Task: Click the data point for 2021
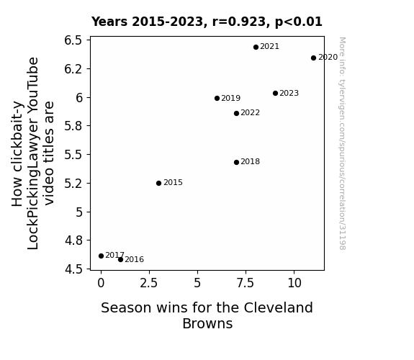(x=256, y=48)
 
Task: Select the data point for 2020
(x=313, y=58)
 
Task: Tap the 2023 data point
(x=275, y=93)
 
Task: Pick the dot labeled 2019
(x=217, y=98)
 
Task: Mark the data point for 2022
(x=237, y=113)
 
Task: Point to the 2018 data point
(x=237, y=162)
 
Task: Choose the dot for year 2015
(x=158, y=184)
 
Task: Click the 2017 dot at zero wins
(x=101, y=256)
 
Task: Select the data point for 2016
(x=120, y=260)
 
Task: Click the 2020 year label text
(x=328, y=58)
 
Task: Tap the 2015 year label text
(x=174, y=182)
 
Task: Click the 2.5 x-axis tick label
(x=149, y=283)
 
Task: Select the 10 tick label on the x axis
(x=294, y=283)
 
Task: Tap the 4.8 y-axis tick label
(x=73, y=240)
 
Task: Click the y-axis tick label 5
(x=79, y=212)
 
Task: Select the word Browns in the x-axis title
(x=207, y=323)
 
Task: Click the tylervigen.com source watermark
(x=342, y=143)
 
